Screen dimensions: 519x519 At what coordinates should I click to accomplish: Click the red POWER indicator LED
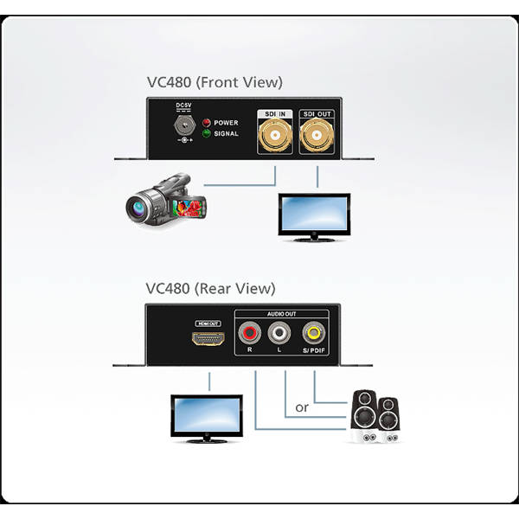point(207,123)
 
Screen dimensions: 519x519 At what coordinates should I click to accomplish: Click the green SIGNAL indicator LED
point(207,134)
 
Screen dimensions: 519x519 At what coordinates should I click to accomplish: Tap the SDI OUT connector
point(317,137)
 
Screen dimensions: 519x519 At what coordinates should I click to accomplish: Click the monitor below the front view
point(312,215)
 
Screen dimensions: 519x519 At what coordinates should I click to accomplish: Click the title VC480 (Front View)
point(214,83)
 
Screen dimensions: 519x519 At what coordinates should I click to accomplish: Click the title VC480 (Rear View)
point(210,288)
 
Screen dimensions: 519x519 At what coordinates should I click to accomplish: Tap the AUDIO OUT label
point(280,315)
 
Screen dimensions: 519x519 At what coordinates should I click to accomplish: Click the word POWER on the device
point(227,123)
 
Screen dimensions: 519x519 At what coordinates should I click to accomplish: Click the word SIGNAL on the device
point(227,134)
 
